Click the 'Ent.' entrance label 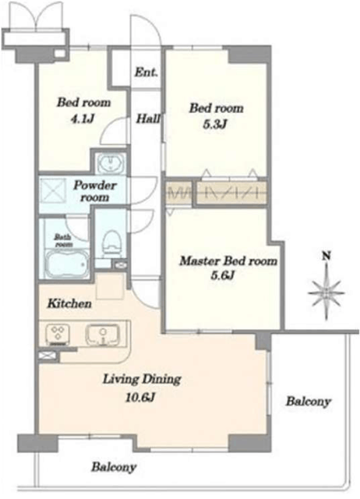(146, 73)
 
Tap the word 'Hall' (148, 119)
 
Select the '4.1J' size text (83, 119)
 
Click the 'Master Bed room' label (228, 261)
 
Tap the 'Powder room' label (95, 191)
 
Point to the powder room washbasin (111, 164)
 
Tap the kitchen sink (102, 334)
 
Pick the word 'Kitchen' (69, 303)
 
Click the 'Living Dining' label (142, 380)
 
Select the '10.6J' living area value (140, 397)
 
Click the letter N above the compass (326, 256)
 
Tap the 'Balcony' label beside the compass (308, 402)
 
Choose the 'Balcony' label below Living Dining (114, 467)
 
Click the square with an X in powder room (52, 192)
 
